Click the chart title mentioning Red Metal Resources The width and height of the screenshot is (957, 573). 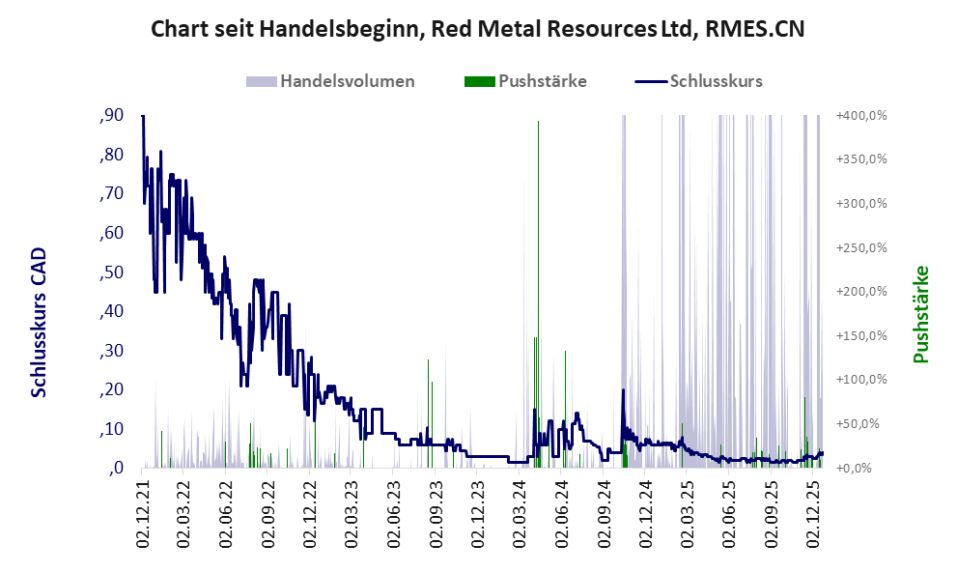[x=478, y=30]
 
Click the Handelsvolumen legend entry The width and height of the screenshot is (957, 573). [x=347, y=81]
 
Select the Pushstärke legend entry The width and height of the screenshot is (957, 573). [x=542, y=81]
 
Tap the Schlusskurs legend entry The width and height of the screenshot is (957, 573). [x=716, y=81]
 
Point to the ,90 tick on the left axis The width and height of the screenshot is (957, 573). [x=111, y=115]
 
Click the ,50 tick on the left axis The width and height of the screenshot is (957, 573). [x=111, y=272]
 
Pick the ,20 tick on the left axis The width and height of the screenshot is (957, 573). [x=111, y=389]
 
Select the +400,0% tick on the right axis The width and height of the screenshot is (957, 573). [x=861, y=116]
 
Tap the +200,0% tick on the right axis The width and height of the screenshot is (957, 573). [x=861, y=292]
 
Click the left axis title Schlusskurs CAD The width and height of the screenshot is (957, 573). [x=39, y=322]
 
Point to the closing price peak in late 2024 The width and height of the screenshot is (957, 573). [x=623, y=391]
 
